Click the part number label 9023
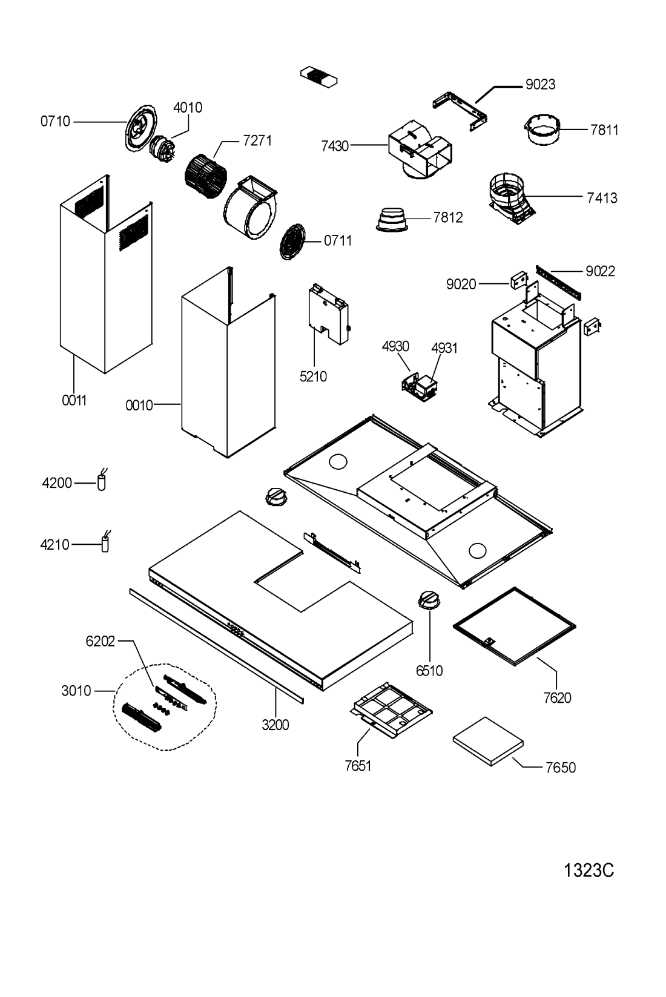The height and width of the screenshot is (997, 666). click(539, 85)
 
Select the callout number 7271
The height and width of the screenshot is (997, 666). click(257, 141)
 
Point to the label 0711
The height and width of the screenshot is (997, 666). click(337, 241)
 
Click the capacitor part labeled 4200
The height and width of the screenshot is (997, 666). click(101, 481)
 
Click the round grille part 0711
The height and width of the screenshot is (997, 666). click(292, 242)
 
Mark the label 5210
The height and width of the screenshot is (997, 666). click(312, 377)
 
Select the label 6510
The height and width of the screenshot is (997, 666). click(429, 671)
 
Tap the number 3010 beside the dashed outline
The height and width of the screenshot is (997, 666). click(76, 691)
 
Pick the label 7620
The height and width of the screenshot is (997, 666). click(557, 698)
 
